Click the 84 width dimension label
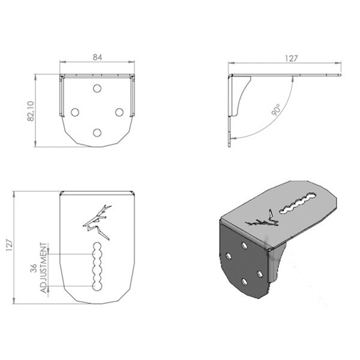(x=97, y=57)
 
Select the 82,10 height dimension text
(x=31, y=111)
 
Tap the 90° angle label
(x=276, y=110)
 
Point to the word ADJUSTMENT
(x=44, y=268)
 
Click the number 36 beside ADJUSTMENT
(x=34, y=268)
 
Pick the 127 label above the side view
(x=291, y=59)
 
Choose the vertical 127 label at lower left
(x=10, y=245)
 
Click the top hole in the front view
(x=97, y=88)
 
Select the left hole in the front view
(x=75, y=112)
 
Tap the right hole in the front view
(x=119, y=112)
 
